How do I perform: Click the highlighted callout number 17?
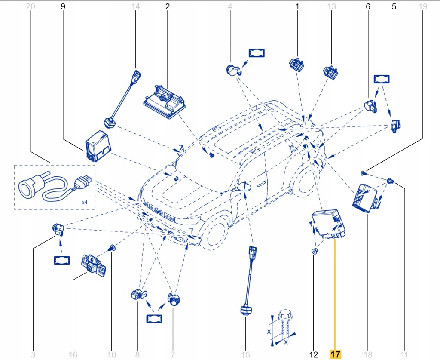coord(335,354)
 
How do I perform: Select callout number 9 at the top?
coord(63,6)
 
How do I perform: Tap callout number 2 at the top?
coord(167,6)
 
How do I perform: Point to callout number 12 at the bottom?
coord(314,354)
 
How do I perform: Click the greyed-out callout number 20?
coord(31,6)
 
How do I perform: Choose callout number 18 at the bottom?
coord(369,354)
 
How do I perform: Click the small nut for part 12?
coord(315,251)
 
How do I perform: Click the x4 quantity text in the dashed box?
coord(85,202)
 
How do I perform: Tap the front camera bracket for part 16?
coord(93,265)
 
